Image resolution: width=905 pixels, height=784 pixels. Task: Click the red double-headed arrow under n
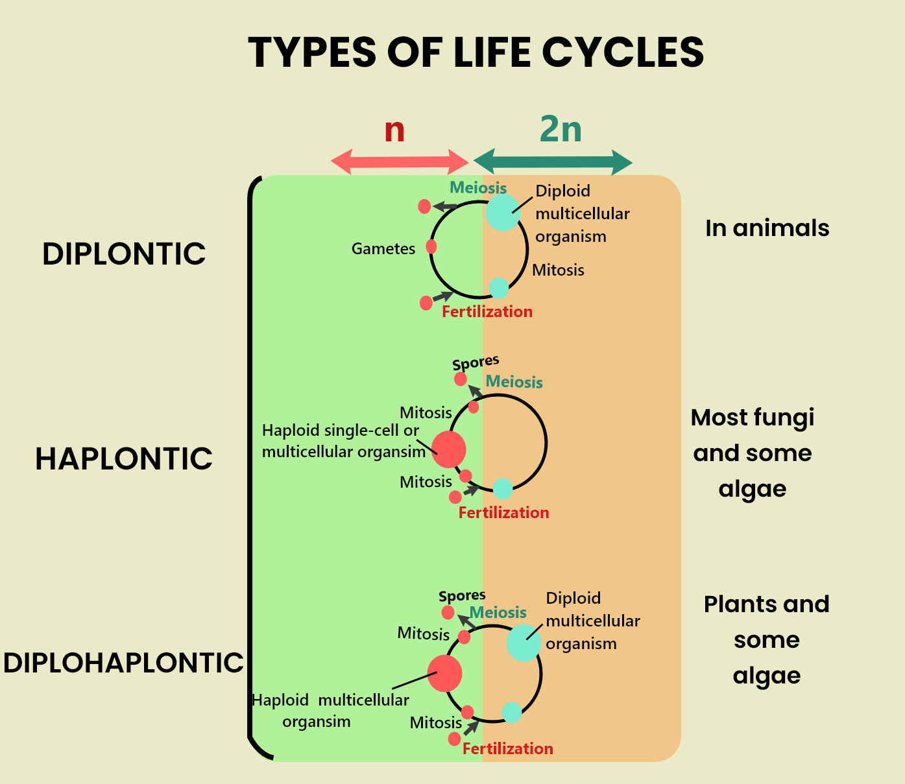pos(400,161)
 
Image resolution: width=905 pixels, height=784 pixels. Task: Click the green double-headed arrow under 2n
pos(553,161)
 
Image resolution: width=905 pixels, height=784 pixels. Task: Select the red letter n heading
pos(394,130)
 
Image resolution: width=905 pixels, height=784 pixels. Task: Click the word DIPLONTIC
pos(124,254)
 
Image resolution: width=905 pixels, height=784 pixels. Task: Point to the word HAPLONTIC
pos(124,459)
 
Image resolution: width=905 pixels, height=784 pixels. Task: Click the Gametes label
pos(383,249)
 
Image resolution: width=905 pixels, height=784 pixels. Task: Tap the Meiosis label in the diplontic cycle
pos(478,188)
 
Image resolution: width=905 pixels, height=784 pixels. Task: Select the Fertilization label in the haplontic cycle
pos(503,513)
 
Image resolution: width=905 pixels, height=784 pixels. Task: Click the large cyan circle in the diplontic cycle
pos(503,213)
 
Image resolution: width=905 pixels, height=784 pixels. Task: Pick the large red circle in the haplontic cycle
pos(448,449)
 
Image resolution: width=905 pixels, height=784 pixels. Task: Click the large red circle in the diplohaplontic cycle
pos(444,673)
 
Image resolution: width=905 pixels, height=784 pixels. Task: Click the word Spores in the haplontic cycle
pos(476,362)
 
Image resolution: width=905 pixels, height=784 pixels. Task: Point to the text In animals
pos(767,228)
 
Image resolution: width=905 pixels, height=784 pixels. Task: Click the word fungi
pos(783,418)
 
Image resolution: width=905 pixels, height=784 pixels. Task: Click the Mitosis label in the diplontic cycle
pos(558,270)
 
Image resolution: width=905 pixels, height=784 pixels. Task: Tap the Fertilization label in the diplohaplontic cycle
pos(507,749)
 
